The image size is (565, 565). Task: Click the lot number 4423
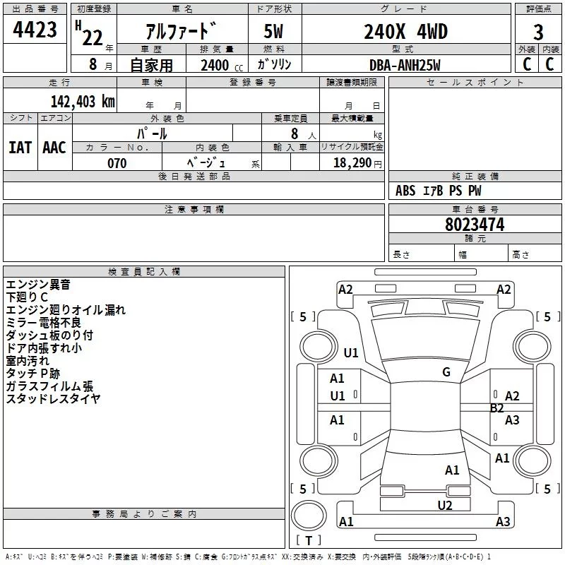[35, 30]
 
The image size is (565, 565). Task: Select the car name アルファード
[181, 31]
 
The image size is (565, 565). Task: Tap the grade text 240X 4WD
[405, 31]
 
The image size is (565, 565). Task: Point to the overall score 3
[538, 32]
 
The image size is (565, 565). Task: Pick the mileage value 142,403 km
[83, 102]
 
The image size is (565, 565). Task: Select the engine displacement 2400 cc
[215, 66]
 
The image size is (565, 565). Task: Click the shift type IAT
[20, 148]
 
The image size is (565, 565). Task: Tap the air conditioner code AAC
[54, 148]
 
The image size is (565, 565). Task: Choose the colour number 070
[117, 163]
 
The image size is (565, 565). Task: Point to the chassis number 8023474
[475, 225]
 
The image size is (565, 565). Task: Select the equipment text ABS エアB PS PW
[438, 191]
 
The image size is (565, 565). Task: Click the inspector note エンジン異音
[38, 285]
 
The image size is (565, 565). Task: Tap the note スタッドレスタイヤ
[53, 398]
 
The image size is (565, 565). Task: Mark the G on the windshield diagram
[446, 372]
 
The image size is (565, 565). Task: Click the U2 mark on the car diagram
[444, 505]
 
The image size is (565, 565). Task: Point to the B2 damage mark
[497, 408]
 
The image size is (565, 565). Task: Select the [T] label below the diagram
[309, 540]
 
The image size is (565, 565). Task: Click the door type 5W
[274, 32]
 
